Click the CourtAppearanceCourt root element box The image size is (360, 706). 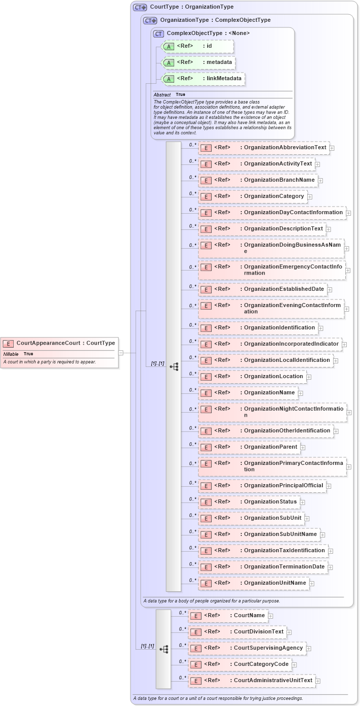coord(59,343)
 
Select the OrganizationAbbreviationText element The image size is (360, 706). coord(264,148)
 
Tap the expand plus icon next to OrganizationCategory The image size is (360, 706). coord(310,196)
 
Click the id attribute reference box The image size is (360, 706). coord(197,46)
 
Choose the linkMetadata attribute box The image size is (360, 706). coord(203,79)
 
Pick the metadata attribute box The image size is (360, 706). coord(199,62)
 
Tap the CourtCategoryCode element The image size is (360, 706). coord(239,664)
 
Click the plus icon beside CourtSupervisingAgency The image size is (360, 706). coord(309,648)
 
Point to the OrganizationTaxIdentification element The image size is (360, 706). coord(263,551)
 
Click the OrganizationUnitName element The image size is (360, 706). coord(253,583)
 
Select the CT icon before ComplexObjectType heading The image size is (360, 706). coord(158,33)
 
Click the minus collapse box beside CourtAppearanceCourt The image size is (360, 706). coord(121,352)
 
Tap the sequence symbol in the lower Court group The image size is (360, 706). coord(163,649)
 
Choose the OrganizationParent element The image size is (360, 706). coord(249,447)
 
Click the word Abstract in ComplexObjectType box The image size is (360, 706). coord(162,95)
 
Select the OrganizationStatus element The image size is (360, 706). coord(249,502)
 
